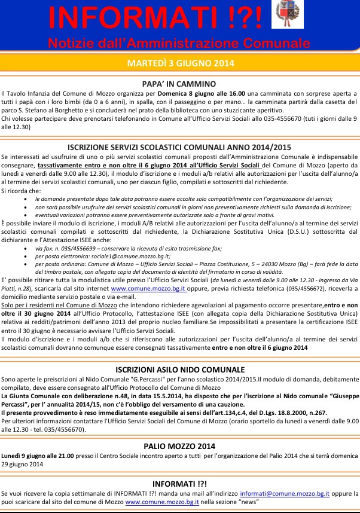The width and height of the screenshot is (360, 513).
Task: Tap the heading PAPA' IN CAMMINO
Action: (179, 84)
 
